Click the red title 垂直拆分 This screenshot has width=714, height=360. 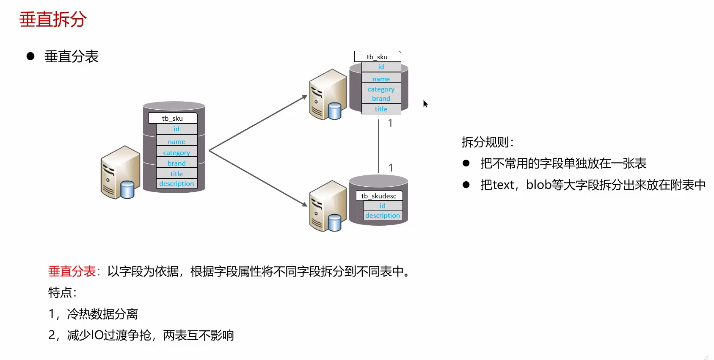(x=53, y=19)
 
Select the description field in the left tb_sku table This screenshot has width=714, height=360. (x=176, y=184)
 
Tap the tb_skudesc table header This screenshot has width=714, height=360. (x=379, y=196)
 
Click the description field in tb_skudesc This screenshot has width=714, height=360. (x=382, y=216)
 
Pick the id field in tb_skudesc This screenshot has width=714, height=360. (x=382, y=206)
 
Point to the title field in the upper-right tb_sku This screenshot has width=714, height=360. (x=381, y=109)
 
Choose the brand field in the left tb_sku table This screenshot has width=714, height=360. (x=176, y=163)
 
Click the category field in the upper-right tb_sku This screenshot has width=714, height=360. (x=381, y=89)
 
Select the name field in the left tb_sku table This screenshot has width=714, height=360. (x=176, y=142)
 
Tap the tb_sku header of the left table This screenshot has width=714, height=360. (x=172, y=118)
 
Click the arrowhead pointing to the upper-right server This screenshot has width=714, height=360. (x=305, y=97)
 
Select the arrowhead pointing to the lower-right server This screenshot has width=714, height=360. (x=305, y=204)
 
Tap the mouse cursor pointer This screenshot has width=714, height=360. (x=425, y=103)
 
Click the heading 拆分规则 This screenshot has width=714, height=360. (x=487, y=142)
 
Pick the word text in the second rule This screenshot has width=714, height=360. (x=503, y=185)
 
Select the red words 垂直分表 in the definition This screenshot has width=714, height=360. (x=72, y=271)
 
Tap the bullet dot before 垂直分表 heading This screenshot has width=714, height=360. (x=30, y=56)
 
